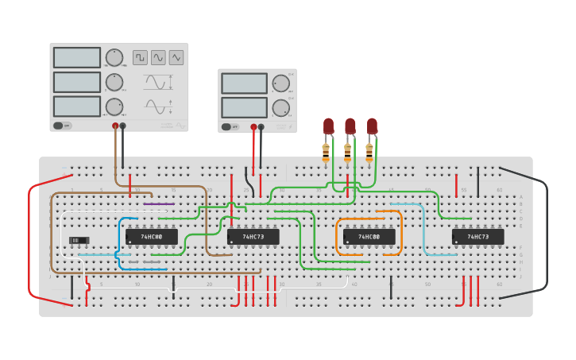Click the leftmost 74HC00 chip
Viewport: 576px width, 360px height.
[151, 237]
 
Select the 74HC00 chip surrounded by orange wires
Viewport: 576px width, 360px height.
[369, 237]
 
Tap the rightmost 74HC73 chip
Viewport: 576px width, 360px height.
[477, 237]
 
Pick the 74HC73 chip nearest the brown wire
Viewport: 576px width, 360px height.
[253, 237]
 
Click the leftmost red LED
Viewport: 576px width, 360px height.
[328, 126]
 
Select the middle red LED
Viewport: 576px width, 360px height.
[350, 126]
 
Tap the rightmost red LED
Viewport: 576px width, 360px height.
[372, 126]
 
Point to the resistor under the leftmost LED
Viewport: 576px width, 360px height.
[326, 150]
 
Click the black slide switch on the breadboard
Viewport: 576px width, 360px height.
[79, 240]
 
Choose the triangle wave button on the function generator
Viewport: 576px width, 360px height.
[176, 57]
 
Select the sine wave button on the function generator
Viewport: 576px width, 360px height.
[158, 57]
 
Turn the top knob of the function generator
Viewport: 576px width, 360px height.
[114, 58]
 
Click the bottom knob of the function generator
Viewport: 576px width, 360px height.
[114, 106]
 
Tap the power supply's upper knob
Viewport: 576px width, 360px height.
[280, 83]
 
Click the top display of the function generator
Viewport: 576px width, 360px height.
[77, 58]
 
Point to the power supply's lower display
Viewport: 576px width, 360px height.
[244, 107]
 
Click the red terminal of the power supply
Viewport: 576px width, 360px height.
[253, 126]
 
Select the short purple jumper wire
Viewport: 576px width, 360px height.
[159, 204]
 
